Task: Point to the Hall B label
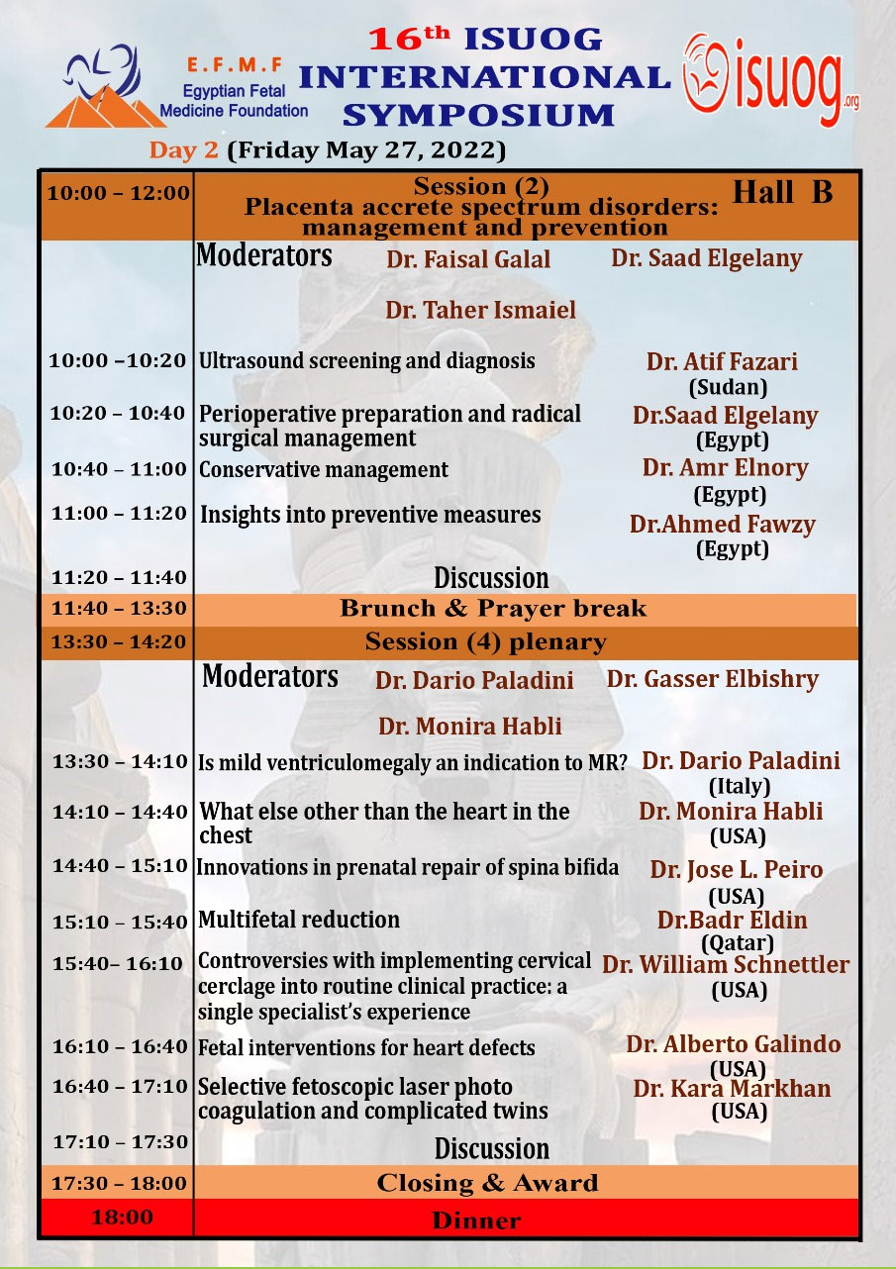tap(782, 193)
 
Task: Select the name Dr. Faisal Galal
tap(467, 259)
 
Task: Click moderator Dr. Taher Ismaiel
tap(480, 311)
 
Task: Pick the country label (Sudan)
tap(728, 388)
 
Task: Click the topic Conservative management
tap(324, 470)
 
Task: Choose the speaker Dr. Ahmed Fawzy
tap(722, 525)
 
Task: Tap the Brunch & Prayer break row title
tap(492, 609)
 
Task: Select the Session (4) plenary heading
tap(485, 642)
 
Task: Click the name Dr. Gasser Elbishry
tap(713, 679)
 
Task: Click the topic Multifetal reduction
tap(299, 920)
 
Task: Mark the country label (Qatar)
tap(738, 942)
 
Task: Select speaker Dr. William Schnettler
tap(725, 964)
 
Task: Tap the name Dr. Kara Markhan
tap(732, 1089)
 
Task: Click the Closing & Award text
tap(487, 1183)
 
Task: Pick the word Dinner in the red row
tap(476, 1220)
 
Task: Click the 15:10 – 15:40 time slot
tap(120, 922)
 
